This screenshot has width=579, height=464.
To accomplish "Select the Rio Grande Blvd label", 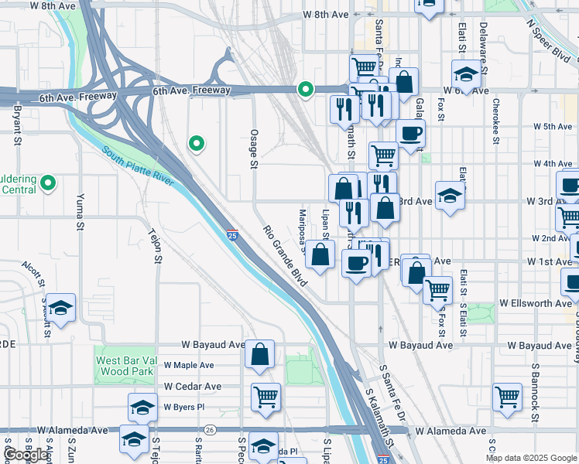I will point(284,255).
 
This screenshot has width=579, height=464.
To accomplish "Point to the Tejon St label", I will point(156,247).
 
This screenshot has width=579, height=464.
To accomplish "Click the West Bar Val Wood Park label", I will point(126,365).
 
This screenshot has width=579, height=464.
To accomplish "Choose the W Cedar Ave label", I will point(192,386).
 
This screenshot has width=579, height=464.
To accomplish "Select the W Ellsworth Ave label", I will point(536,303).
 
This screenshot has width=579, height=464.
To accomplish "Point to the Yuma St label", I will point(80,213).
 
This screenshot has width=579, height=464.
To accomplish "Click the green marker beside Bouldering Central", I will point(48,183).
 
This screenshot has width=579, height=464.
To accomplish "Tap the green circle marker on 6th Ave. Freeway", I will point(306,90).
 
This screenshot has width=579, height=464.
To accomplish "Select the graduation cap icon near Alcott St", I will point(62,307).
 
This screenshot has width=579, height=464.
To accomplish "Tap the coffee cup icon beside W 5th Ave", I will point(411,131).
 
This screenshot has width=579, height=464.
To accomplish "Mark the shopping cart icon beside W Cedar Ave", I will point(266,396).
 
